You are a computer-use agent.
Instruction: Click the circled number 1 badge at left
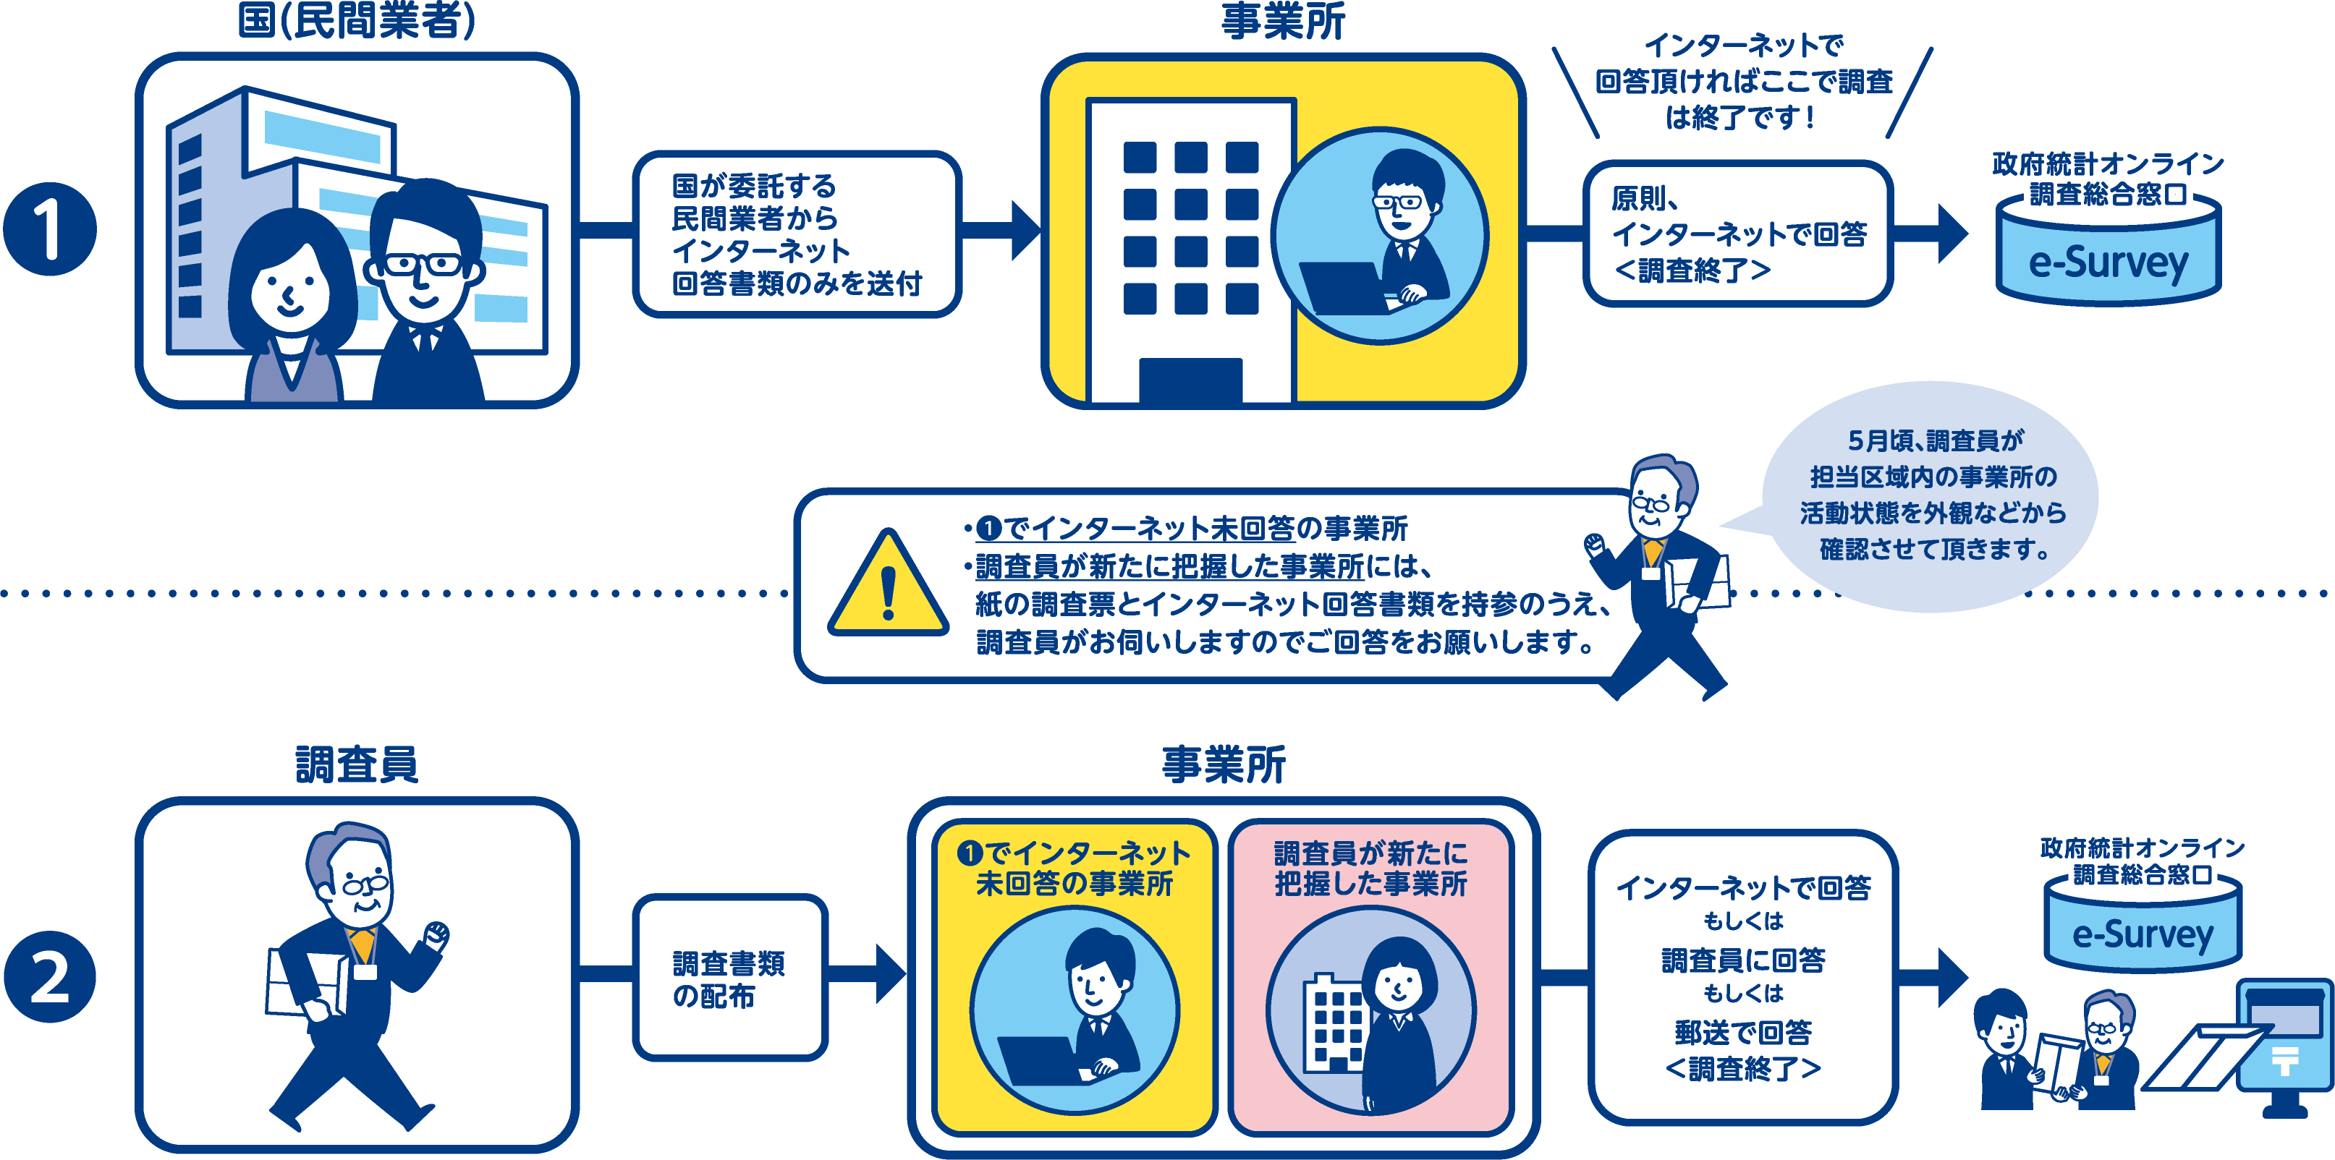(50, 229)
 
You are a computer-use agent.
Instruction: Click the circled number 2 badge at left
(50, 977)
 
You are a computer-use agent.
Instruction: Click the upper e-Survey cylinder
(2109, 258)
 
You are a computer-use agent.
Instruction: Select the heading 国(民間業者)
(356, 20)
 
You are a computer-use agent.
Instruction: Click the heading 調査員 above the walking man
(356, 764)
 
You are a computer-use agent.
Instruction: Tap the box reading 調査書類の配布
(729, 978)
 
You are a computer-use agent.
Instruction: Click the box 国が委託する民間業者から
(796, 234)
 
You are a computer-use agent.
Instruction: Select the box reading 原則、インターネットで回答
(1737, 234)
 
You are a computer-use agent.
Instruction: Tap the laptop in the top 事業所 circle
(1342, 286)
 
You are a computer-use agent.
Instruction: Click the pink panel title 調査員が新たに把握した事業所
(1370, 867)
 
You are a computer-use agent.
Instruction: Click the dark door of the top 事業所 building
(1190, 380)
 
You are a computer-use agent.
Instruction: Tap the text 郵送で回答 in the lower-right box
(1742, 1031)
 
